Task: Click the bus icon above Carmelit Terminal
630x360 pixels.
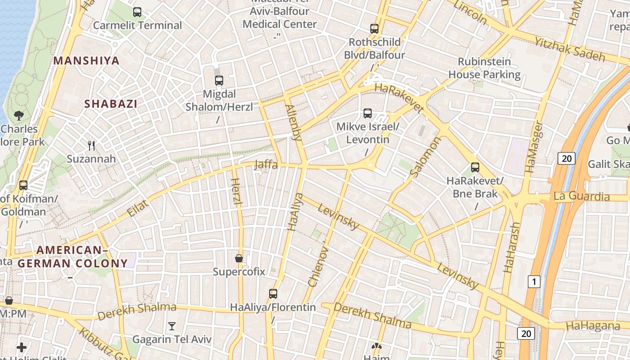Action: pyautogui.click(x=137, y=12)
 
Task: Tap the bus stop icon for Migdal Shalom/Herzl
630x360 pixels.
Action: pyautogui.click(x=219, y=81)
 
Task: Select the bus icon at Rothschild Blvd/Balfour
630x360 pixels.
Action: pyautogui.click(x=374, y=29)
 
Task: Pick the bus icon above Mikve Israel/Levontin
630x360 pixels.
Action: pyautogui.click(x=368, y=113)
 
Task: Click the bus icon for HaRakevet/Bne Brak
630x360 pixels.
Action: pyautogui.click(x=475, y=167)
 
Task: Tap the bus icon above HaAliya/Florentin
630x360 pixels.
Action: pyautogui.click(x=273, y=294)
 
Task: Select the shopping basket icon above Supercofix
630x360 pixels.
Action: pyautogui.click(x=239, y=258)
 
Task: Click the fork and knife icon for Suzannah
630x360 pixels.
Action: pyautogui.click(x=91, y=145)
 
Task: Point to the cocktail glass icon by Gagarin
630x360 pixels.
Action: pyautogui.click(x=171, y=326)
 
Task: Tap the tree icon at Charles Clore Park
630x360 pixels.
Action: pyautogui.click(x=19, y=116)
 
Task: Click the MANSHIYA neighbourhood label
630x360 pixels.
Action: pyautogui.click(x=86, y=61)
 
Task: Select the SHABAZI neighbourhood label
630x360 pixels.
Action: pyautogui.click(x=111, y=103)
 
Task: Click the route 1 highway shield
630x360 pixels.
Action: pyautogui.click(x=533, y=282)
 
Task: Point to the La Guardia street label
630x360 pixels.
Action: pyautogui.click(x=581, y=196)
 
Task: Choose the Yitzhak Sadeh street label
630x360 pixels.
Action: pyautogui.click(x=570, y=49)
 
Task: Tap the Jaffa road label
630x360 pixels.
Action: pyautogui.click(x=266, y=165)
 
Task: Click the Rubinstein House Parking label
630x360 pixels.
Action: pyautogui.click(x=484, y=68)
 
